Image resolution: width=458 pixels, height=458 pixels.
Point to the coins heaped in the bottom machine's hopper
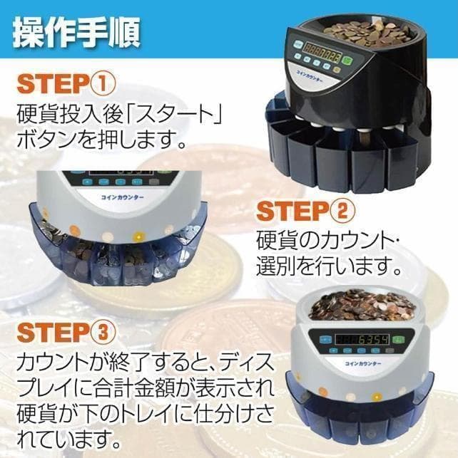[365, 306]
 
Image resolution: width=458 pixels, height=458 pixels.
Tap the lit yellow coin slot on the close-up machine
[107, 236]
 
